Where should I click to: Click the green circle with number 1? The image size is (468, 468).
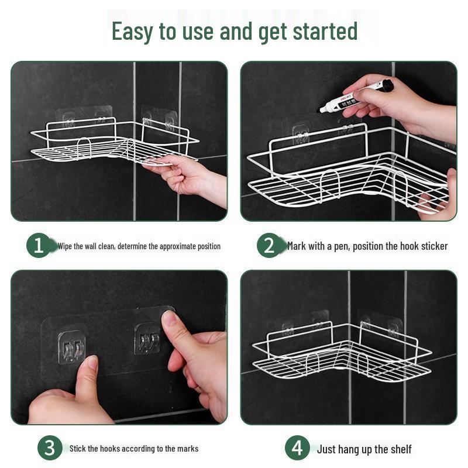[x=38, y=246]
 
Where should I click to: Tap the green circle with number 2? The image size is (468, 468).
[x=269, y=246]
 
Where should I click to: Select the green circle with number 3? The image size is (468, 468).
[x=50, y=449]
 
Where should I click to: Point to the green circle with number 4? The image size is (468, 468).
[x=297, y=449]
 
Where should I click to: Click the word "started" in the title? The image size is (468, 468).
[x=324, y=31]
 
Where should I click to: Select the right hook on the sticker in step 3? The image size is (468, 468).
[x=147, y=339]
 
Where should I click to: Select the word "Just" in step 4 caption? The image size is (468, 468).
[x=326, y=449]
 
